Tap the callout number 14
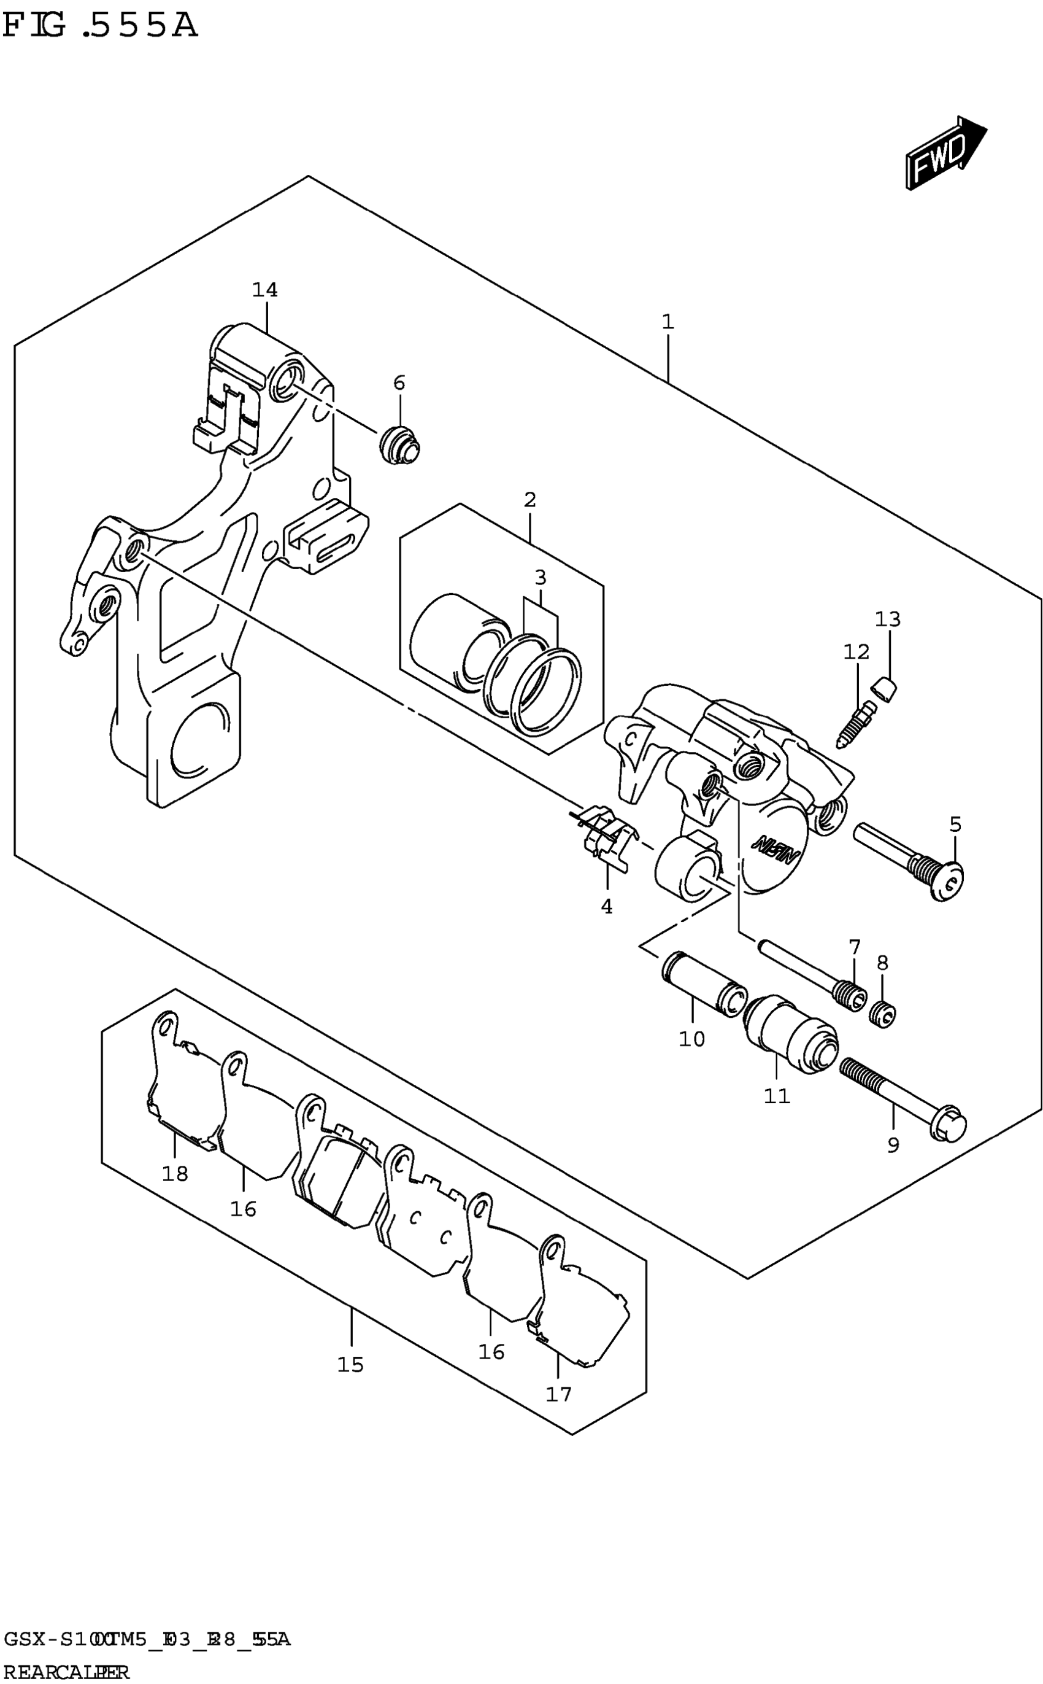tap(265, 290)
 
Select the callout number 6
tap(399, 383)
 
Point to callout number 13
tap(888, 619)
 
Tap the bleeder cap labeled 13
tap(883, 689)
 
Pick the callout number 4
tap(606, 907)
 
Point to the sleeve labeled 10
tap(703, 984)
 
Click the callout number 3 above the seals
tap(540, 577)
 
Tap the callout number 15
tap(350, 1365)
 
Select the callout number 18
tap(174, 1173)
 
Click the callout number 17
tap(559, 1394)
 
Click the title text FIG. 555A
tap(100, 26)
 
